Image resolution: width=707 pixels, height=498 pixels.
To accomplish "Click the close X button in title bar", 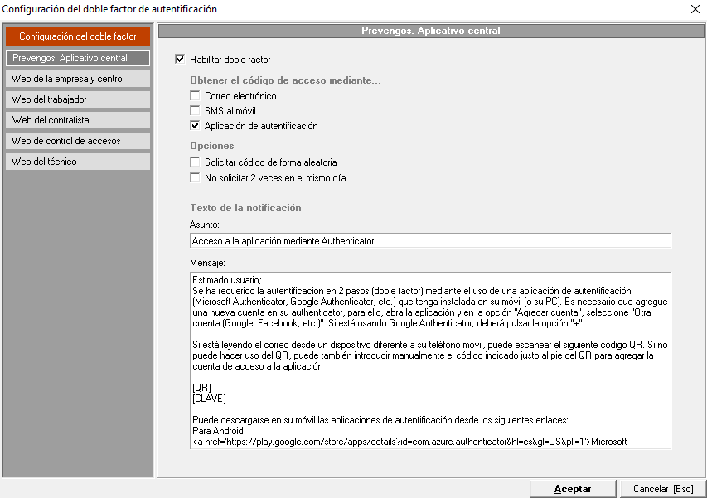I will pos(695,9).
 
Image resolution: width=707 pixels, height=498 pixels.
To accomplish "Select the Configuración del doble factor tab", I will pos(77,36).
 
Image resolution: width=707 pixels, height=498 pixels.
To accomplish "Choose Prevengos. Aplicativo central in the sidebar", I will pos(77,58).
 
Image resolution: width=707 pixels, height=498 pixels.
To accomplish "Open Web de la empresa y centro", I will pos(77,79).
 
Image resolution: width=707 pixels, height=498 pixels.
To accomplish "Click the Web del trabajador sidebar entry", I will pos(77,99).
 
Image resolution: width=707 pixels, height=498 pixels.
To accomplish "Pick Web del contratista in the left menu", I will pos(77,120).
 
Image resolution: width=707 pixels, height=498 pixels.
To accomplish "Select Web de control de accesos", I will pos(77,141).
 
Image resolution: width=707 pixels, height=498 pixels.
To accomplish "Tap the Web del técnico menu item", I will pos(77,162).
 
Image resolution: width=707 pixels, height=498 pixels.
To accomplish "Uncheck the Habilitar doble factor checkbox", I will pos(180,60).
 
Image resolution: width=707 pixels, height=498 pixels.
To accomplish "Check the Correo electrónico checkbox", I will pos(195,96).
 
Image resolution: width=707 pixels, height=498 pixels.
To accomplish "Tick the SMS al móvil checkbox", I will pos(195,111).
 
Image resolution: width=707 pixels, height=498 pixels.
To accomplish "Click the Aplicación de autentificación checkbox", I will pos(195,126).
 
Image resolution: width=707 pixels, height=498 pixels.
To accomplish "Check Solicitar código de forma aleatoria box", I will pos(195,162).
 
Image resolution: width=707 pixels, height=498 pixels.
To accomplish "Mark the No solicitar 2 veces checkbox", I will pos(195,177).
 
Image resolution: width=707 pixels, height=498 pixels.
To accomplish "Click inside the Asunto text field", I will pos(429,241).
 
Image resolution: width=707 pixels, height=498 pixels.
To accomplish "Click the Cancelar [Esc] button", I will pos(663,489).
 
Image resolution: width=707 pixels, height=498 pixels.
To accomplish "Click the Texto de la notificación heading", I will pos(245,208).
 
